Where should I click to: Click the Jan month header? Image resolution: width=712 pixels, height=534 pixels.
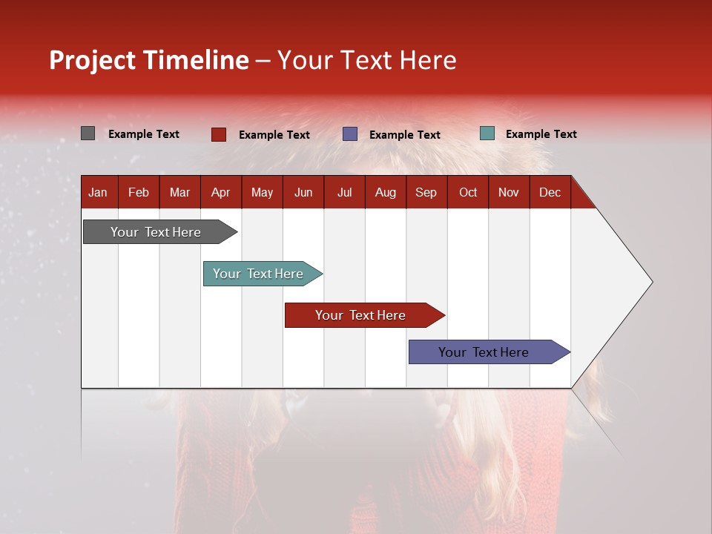98,193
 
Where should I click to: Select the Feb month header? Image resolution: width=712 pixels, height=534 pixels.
139,193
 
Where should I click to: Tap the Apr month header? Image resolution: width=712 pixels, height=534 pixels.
220,193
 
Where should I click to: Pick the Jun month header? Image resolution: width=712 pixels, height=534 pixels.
303,193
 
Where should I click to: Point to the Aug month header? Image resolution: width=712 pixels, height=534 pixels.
385,193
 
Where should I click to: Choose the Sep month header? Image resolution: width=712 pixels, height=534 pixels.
426,193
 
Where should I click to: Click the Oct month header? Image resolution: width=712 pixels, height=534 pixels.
468,193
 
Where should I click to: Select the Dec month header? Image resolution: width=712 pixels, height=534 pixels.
550,193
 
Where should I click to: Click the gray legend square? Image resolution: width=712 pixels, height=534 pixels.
88,133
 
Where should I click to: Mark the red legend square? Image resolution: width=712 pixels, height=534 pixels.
219,134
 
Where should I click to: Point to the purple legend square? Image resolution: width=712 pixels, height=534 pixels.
350,134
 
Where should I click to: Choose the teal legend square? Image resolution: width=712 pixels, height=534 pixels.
487,133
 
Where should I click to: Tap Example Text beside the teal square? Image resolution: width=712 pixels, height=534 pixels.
541,134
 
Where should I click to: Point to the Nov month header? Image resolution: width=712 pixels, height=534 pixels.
509,193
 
